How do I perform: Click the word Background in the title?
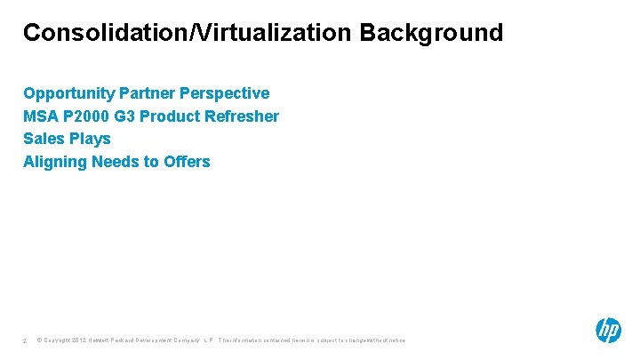coord(431,33)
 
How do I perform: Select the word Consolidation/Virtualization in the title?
coord(188,33)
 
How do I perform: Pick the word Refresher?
coord(243,116)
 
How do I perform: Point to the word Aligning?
coord(53,162)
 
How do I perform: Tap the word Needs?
coord(111,162)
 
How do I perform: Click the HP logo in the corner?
coord(608,331)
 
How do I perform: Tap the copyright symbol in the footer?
coord(40,340)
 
